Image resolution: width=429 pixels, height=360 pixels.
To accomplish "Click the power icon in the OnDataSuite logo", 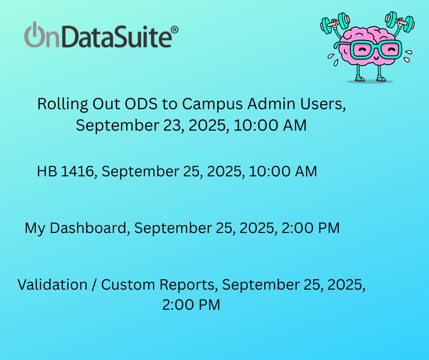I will point(33,35).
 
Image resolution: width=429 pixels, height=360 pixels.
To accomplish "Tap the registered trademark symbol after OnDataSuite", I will point(174,30).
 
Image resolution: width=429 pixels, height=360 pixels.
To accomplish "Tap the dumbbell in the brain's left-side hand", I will point(335,23).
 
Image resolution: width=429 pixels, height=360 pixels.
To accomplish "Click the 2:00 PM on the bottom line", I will point(191,305).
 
